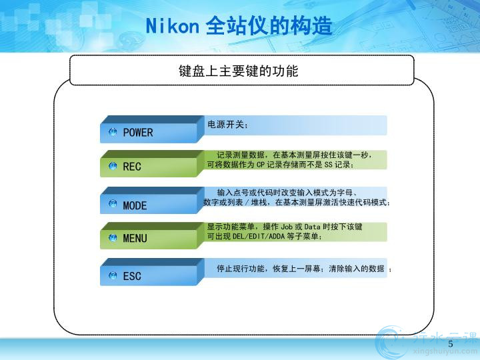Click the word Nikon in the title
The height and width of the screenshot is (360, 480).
coord(173,26)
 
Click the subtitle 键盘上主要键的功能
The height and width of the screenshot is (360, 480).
coord(239,71)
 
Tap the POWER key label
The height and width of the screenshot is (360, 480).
coord(138,133)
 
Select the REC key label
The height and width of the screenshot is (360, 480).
coord(132,167)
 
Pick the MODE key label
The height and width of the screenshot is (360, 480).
coord(135,205)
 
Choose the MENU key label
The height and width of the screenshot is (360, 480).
coord(135,238)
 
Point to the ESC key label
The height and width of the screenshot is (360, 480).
coord(132,276)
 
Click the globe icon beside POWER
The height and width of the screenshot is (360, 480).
coord(113,132)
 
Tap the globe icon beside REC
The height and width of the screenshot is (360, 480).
coord(113,166)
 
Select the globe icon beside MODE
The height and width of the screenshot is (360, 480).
coord(113,203)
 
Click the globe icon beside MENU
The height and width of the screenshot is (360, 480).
coord(113,238)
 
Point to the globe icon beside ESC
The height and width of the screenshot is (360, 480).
coord(113,275)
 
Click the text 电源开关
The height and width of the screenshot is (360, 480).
coord(226,124)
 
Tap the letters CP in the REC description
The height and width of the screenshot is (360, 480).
coord(261,165)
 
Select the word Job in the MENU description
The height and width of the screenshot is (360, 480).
coord(287,227)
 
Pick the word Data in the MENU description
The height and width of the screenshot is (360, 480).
coord(312,227)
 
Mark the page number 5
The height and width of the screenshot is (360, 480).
coord(450,344)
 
